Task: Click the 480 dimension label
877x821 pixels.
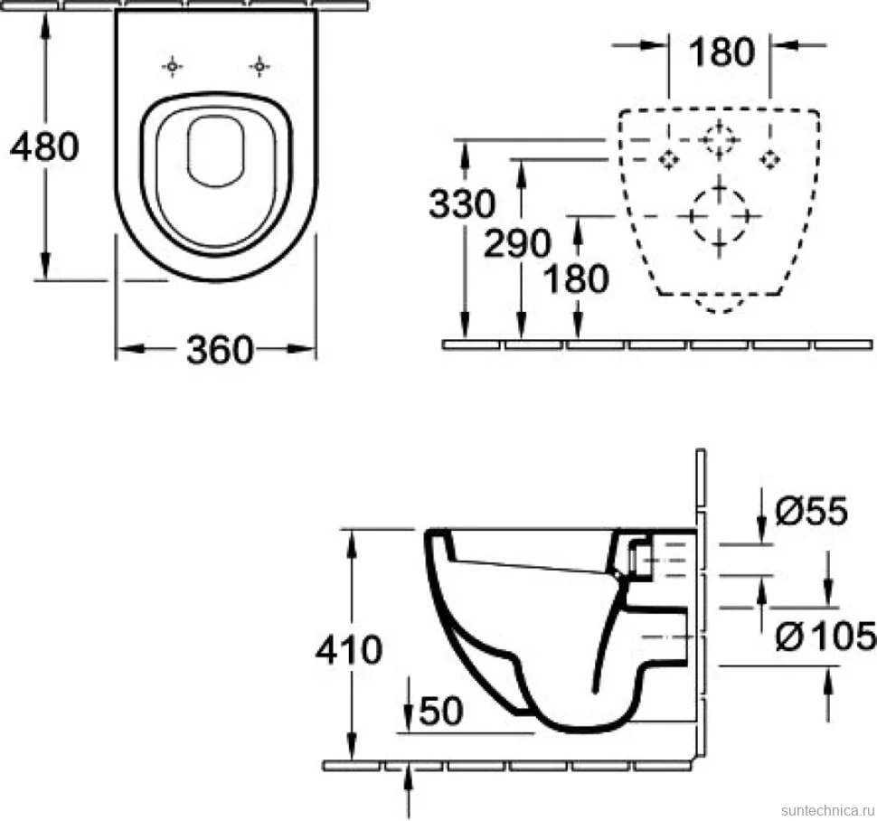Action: coord(44,146)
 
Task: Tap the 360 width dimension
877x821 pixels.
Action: coord(220,350)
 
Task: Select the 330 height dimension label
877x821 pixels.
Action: coord(462,203)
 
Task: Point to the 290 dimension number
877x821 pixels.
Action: coord(517,243)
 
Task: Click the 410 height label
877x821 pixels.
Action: coord(348,650)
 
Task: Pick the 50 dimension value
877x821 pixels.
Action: coord(441,711)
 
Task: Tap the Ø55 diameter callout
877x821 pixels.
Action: coord(812,511)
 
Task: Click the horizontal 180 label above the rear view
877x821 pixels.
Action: coord(721,52)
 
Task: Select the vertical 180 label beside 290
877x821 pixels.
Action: coord(576,278)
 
